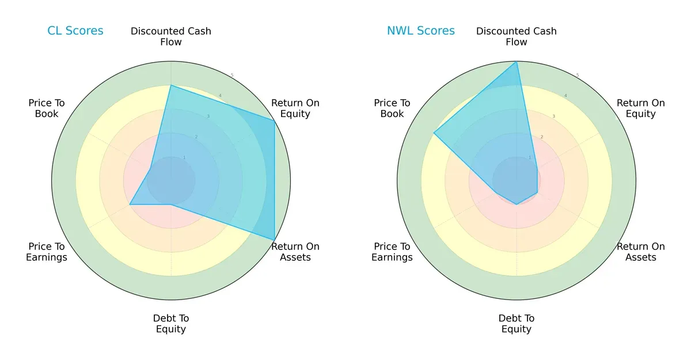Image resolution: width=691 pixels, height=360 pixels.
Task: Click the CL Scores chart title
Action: click(75, 31)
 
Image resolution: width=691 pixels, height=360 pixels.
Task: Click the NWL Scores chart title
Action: click(420, 31)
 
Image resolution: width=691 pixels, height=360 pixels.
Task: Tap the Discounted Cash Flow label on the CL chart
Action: click(171, 36)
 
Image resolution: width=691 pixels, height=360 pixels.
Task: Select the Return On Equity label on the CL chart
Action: click(295, 108)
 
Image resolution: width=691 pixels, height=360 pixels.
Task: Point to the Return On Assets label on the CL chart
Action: click(295, 252)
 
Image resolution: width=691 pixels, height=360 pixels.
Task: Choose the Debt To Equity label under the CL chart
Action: click(171, 324)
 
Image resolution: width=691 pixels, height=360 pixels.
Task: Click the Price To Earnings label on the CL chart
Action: click(47, 252)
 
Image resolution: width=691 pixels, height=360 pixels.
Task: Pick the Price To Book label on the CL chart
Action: click(47, 108)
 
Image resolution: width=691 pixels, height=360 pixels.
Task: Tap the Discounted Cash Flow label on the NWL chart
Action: click(517, 36)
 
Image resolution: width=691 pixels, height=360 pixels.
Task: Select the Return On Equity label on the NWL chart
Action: click(641, 108)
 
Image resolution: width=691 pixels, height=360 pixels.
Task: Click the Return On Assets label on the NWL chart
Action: click(641, 252)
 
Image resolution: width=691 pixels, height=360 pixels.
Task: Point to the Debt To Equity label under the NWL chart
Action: click(517, 324)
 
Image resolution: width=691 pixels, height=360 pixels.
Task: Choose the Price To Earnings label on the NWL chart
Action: click(392, 252)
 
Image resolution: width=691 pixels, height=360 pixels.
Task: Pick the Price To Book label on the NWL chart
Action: click(392, 108)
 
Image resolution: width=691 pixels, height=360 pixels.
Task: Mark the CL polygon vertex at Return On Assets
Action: click(274, 240)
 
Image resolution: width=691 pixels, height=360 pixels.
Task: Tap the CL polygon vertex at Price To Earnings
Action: click(130, 204)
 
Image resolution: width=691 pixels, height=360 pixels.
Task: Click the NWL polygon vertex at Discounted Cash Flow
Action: click(517, 62)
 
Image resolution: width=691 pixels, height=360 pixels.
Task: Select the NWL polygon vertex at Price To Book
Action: click(434, 133)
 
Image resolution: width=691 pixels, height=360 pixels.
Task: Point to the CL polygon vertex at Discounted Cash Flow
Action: click(171, 85)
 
